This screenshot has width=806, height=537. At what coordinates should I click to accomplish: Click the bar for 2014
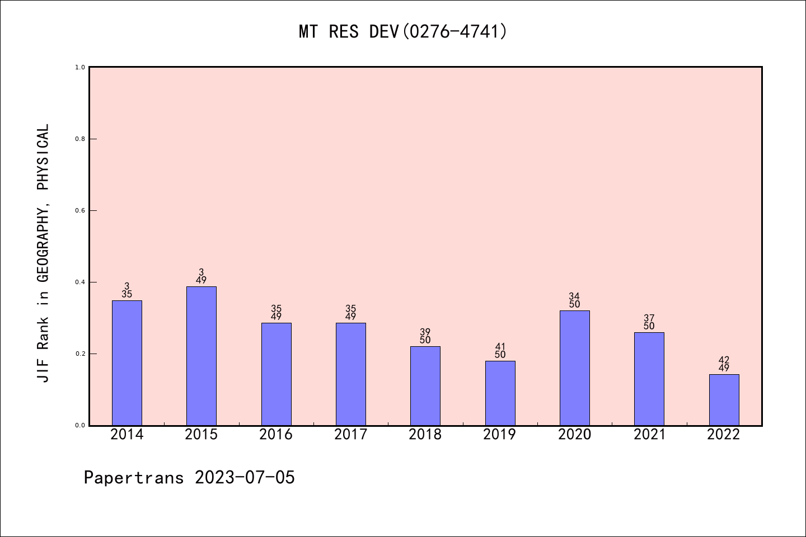click(x=127, y=363)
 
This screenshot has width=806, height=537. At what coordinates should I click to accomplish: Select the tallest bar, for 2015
click(x=201, y=356)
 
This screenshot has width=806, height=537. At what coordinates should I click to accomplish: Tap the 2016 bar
click(x=276, y=374)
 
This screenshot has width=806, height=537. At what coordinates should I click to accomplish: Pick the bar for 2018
click(x=425, y=386)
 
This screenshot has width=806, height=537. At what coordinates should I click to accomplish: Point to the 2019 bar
click(x=500, y=393)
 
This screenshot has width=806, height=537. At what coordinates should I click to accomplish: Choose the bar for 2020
click(x=575, y=368)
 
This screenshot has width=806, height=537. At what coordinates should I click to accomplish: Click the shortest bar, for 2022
click(x=724, y=400)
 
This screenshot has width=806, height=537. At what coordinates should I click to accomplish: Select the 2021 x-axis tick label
click(x=649, y=434)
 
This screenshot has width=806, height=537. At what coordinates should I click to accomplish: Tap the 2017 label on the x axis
click(x=350, y=434)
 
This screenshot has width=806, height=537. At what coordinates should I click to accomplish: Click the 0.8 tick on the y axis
click(x=80, y=139)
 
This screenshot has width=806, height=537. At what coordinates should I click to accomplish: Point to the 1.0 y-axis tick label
click(x=80, y=67)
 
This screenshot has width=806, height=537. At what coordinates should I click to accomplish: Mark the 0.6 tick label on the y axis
click(x=80, y=210)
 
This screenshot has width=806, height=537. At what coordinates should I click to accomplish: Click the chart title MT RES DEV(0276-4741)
click(x=403, y=31)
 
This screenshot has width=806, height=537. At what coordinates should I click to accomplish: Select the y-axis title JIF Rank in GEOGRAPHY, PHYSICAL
click(x=43, y=253)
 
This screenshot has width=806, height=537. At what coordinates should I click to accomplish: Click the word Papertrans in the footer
click(x=134, y=477)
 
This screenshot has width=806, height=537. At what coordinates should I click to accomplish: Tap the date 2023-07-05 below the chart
click(x=245, y=477)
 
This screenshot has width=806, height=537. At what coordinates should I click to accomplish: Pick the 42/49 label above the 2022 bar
click(x=724, y=364)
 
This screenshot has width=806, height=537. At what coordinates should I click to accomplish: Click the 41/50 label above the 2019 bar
click(x=500, y=351)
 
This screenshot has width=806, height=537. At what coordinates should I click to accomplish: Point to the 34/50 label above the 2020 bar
click(x=575, y=300)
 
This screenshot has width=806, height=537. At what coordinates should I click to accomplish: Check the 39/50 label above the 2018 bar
click(x=425, y=336)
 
